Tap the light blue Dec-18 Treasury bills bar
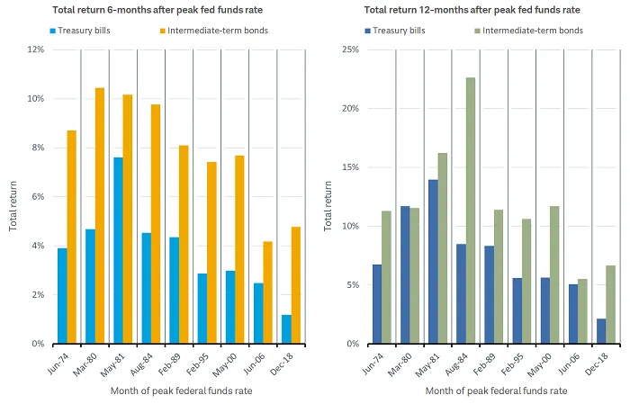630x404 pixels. (x=286, y=329)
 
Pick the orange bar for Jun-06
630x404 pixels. (x=267, y=292)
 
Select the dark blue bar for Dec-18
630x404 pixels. (x=600, y=331)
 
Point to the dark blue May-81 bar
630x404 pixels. (x=433, y=262)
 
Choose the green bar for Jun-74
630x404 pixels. (x=387, y=277)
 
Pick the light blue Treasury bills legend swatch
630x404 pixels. (x=53, y=31)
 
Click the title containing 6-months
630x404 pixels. (x=138, y=11)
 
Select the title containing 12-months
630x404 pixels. (x=460, y=11)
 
